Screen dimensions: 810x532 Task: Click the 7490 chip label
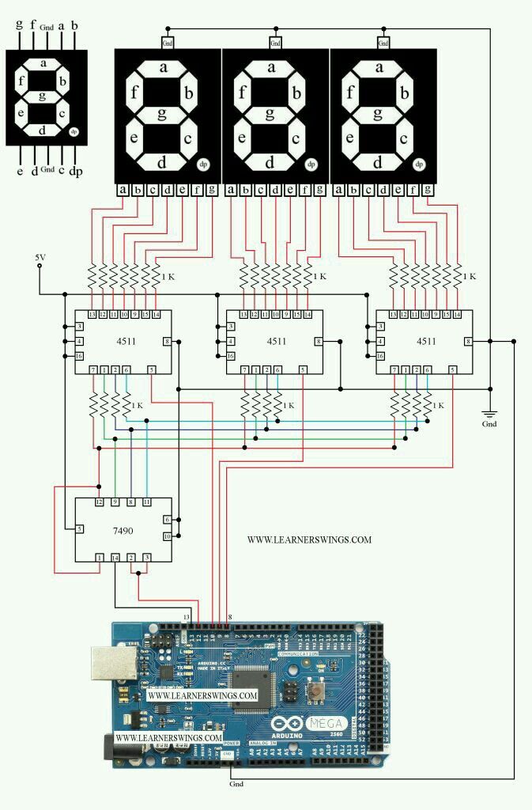coord(123,531)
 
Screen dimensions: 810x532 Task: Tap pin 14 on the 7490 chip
coord(115,558)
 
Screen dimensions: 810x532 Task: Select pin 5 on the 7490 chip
coord(80,529)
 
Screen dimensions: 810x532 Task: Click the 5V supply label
coord(40,258)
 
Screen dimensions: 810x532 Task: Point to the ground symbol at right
coord(489,413)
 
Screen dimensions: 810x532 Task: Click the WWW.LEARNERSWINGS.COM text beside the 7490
coord(309,540)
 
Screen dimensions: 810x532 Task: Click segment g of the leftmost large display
coord(161,113)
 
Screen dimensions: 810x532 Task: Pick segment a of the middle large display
coord(271,67)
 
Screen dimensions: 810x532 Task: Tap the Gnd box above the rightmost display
coord(383,42)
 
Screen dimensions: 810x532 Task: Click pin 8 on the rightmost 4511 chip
coord(469,341)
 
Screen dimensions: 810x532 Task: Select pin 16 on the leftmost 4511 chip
coord(80,356)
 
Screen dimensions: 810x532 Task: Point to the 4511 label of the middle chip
coord(276,342)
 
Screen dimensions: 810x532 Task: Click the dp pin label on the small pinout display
coord(76,171)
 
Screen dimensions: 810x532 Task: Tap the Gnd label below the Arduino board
coord(236,784)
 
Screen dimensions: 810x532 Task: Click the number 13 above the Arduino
coord(187,615)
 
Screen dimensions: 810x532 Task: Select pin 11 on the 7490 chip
coord(147,502)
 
